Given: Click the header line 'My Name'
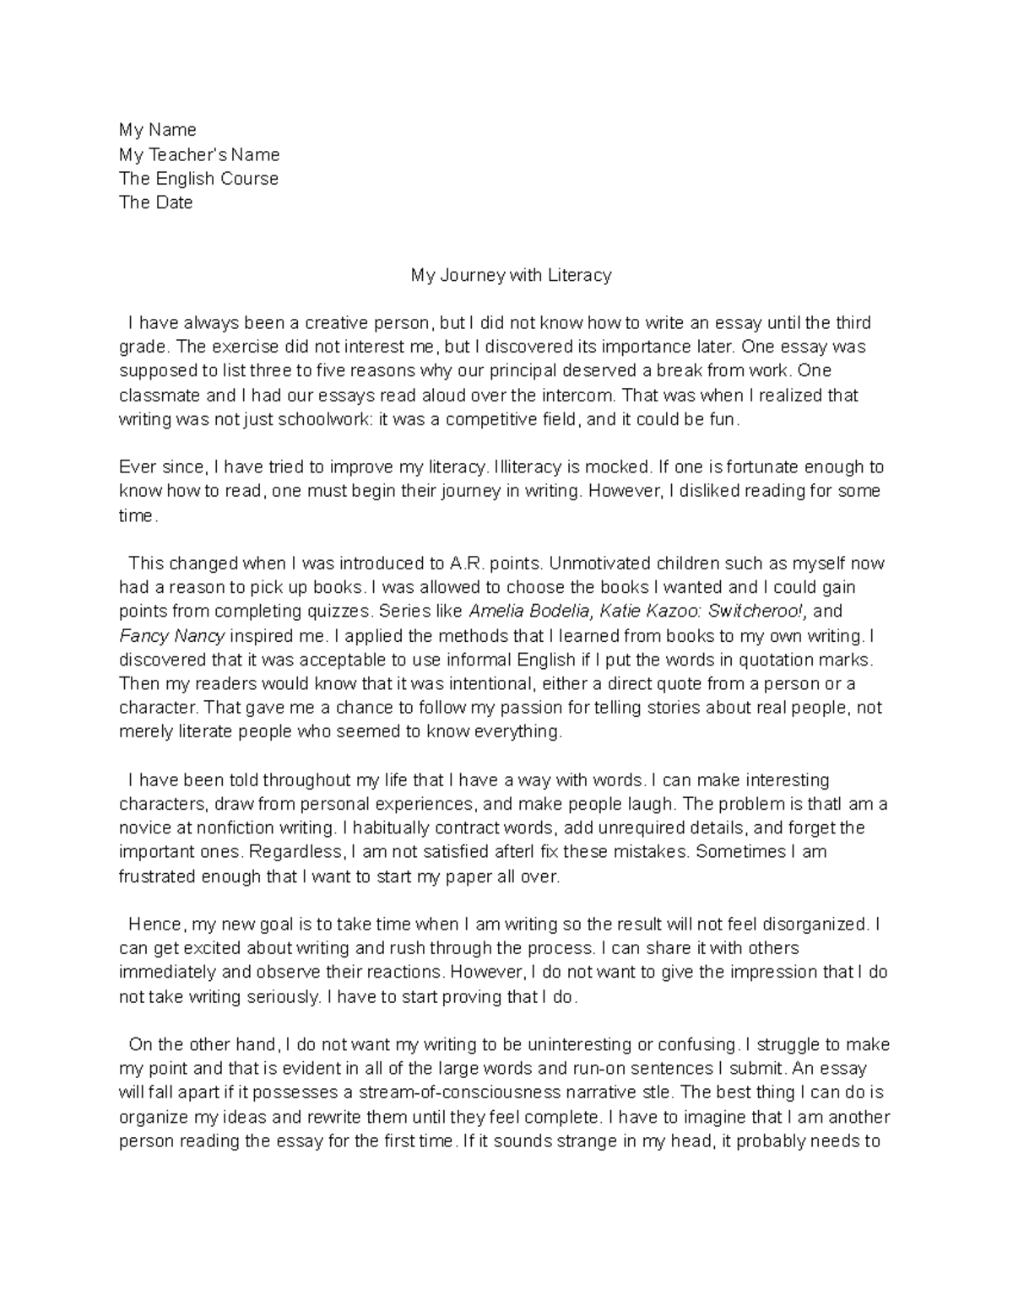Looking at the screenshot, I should pyautogui.click(x=157, y=130).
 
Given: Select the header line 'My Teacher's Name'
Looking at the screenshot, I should pyautogui.click(x=199, y=154).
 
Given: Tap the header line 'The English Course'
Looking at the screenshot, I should pyautogui.click(x=198, y=179).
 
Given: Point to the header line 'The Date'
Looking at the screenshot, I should pyautogui.click(x=155, y=202).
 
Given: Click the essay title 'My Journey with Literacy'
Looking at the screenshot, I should pyautogui.click(x=511, y=275).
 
